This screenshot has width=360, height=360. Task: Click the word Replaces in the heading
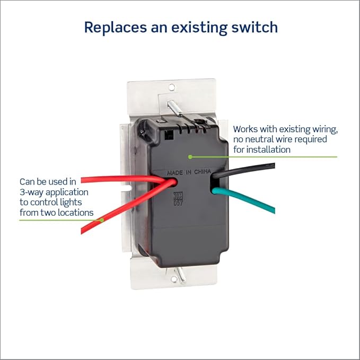point(116,28)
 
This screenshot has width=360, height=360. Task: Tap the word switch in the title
point(254,27)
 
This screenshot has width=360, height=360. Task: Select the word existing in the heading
point(199,28)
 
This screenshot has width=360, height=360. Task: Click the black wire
point(243,170)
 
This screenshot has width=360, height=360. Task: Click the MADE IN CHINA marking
point(189,172)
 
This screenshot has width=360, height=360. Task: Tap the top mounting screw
point(174,108)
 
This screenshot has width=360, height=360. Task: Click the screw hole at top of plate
point(172,87)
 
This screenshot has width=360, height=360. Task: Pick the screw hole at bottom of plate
point(174,279)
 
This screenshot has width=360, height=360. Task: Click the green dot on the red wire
point(102,220)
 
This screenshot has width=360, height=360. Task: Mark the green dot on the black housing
point(190,157)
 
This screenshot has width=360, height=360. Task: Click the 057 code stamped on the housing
point(178,203)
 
